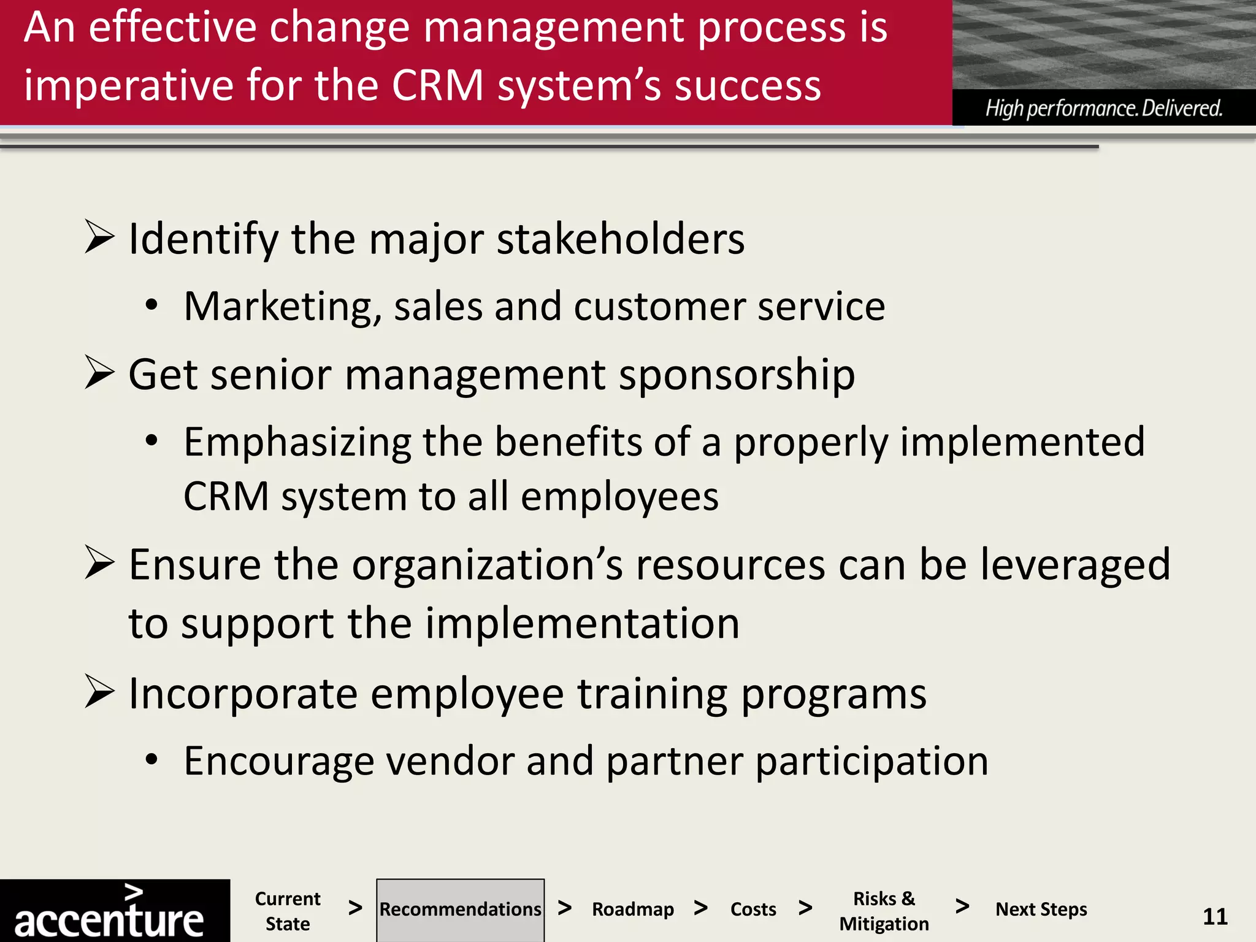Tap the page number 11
tap(1215, 916)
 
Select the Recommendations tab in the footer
tap(460, 909)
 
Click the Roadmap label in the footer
tap(632, 909)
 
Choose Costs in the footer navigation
tap(753, 909)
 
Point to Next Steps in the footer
tap(1041, 909)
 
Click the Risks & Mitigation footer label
tap(884, 911)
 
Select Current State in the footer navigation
tap(288, 911)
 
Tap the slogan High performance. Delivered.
tap(1104, 109)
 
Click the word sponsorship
tap(737, 375)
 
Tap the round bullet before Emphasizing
tap(151, 440)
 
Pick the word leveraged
tap(1075, 565)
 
